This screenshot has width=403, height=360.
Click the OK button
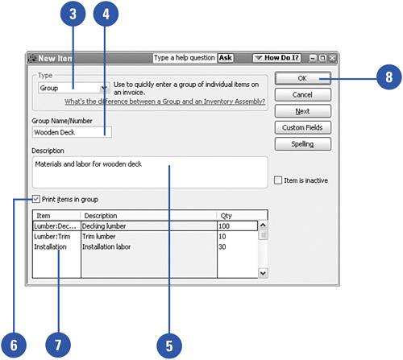pos(303,78)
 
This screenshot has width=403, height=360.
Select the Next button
pos(303,111)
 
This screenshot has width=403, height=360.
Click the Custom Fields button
pos(303,127)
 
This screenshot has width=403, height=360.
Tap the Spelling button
pos(303,144)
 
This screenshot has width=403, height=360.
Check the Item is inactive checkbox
pos(278,180)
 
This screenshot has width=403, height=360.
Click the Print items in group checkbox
pos(36,199)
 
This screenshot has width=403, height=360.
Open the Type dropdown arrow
pos(104,88)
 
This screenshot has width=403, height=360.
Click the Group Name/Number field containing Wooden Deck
pos(72,132)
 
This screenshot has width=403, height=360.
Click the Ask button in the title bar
pos(225,58)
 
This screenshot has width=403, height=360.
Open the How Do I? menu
pos(276,58)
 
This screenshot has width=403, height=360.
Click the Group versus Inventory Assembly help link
pos(164,101)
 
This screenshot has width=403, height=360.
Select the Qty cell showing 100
pos(237,226)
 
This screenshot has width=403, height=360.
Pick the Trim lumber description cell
pos(149,237)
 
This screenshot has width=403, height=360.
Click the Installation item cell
pos(56,246)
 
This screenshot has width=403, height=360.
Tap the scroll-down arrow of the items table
pos(263,273)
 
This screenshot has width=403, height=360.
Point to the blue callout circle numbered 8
pos(388,77)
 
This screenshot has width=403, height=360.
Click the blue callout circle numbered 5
pos(169,346)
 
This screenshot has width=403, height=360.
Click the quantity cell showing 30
pos(237,246)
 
